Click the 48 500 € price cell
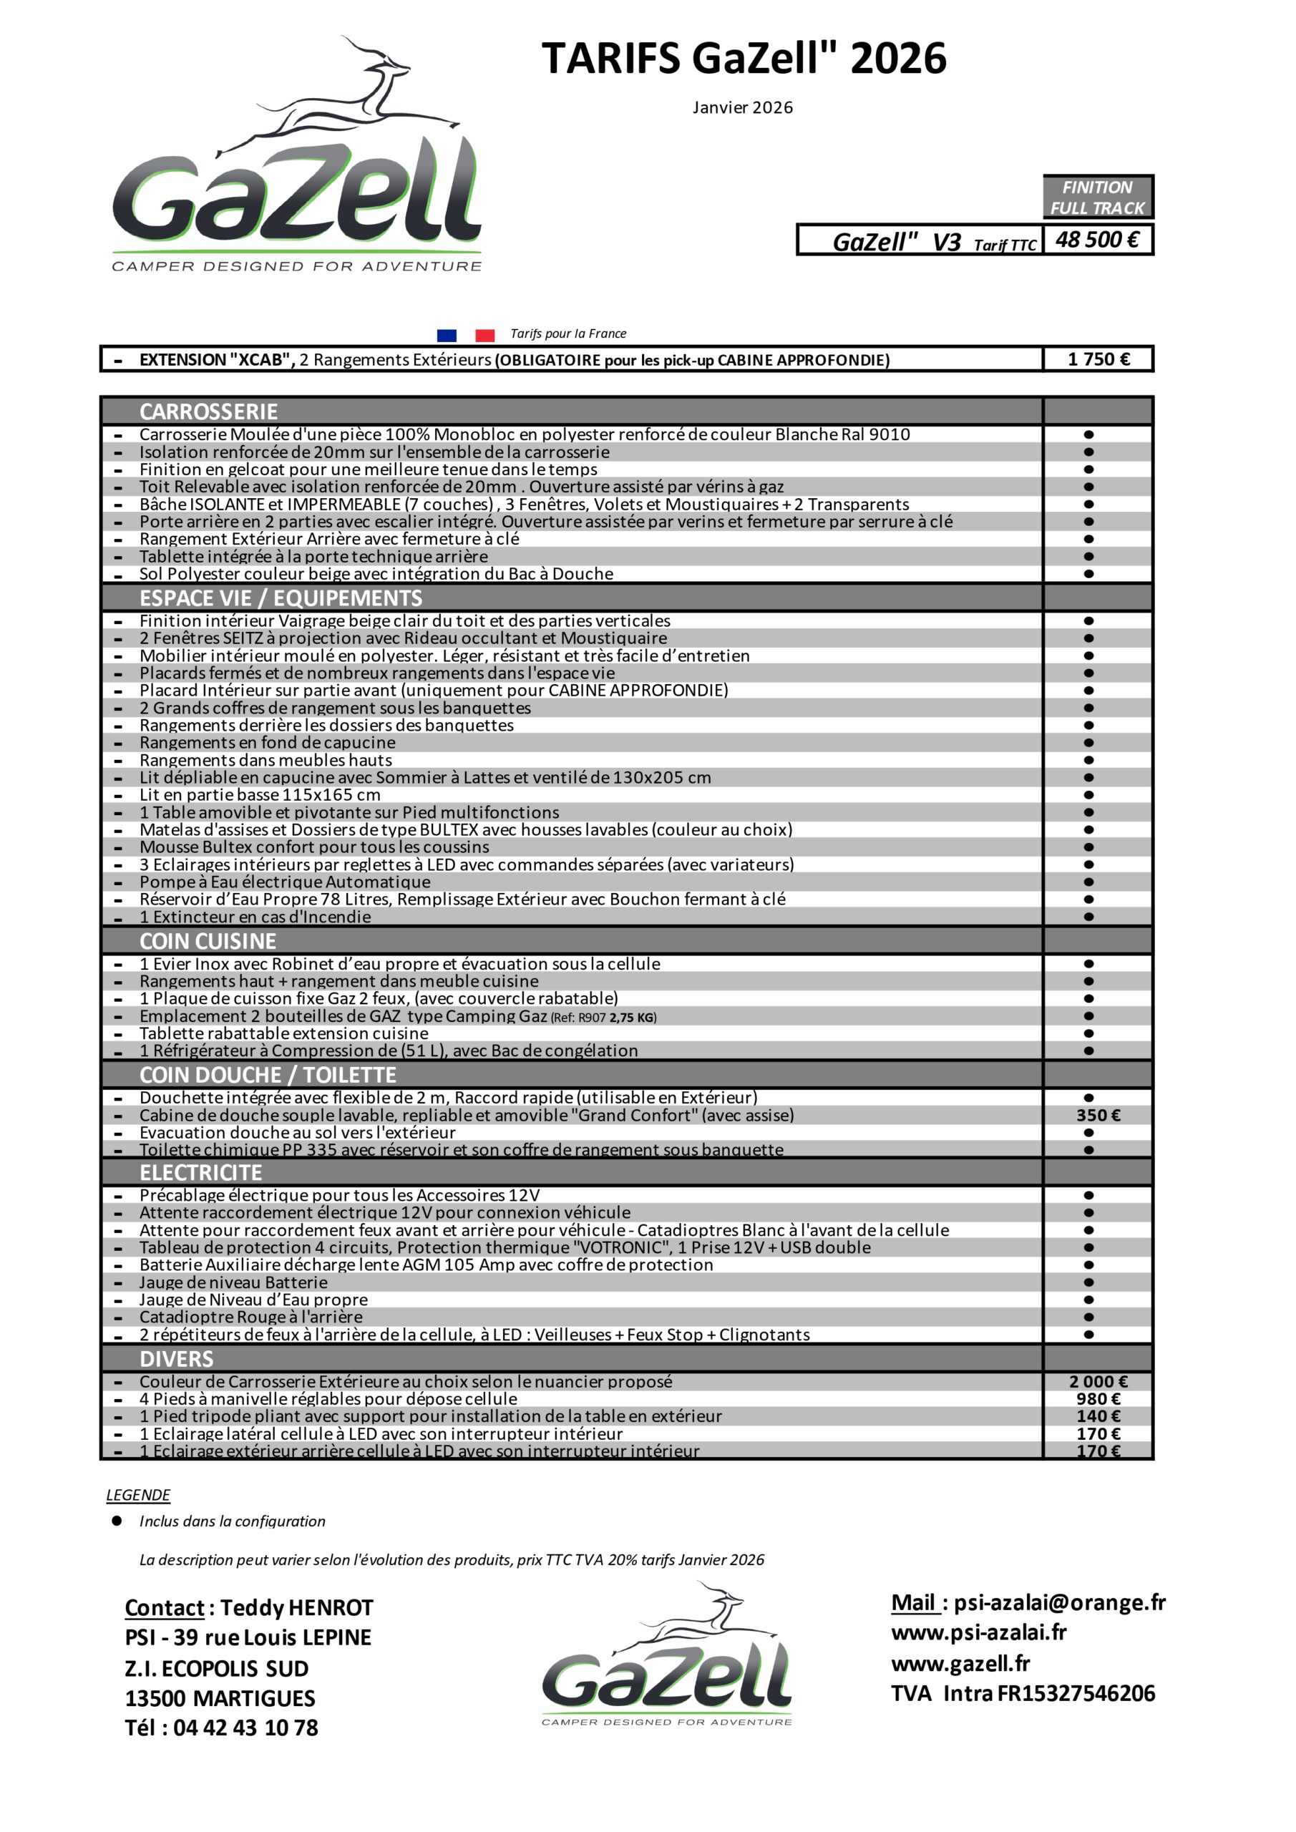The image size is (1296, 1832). tap(1097, 239)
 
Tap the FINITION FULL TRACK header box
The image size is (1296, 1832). tap(1097, 197)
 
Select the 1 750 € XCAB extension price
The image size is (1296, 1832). tap(1098, 359)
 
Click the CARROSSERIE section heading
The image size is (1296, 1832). tap(208, 411)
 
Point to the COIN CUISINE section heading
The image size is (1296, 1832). tap(208, 942)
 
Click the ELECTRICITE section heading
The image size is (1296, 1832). tap(200, 1172)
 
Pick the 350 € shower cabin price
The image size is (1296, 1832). tap(1098, 1115)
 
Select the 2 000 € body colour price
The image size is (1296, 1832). tap(1098, 1381)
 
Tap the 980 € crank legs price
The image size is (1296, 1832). tap(1098, 1399)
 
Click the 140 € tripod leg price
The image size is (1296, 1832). tap(1098, 1416)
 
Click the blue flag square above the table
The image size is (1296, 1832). tap(447, 335)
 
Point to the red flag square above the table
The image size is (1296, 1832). tap(484, 335)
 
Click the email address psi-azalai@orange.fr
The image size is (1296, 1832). tap(1060, 1602)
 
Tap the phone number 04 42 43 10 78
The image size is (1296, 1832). tap(245, 1728)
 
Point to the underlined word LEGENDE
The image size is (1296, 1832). tap(138, 1494)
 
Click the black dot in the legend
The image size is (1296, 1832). tap(117, 1520)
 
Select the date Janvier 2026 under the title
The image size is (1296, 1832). tap(742, 108)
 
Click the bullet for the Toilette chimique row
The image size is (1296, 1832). tap(1088, 1150)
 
